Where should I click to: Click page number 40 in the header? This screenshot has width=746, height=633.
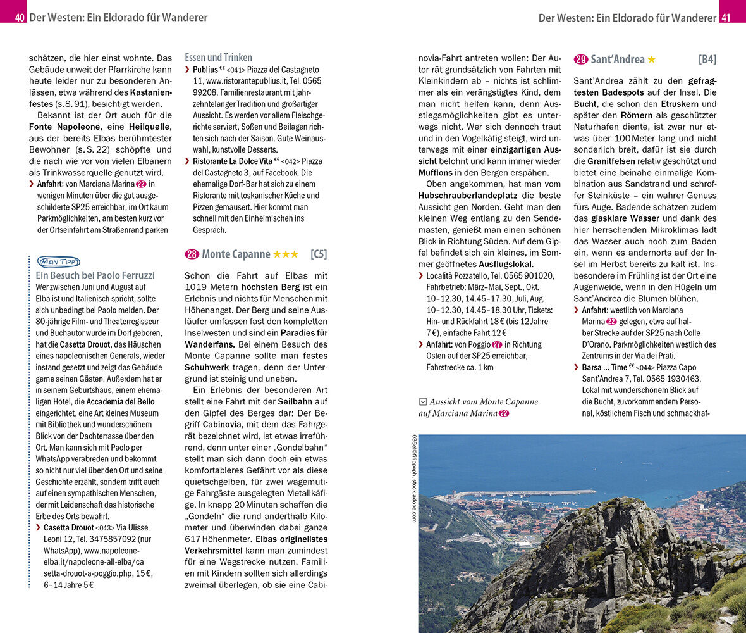click(x=20, y=18)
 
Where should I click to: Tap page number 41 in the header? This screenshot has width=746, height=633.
click(x=726, y=18)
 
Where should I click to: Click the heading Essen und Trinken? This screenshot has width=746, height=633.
click(x=218, y=57)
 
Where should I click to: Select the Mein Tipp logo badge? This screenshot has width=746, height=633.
click(x=58, y=261)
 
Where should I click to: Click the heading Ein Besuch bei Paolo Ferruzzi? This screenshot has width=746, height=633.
click(x=95, y=275)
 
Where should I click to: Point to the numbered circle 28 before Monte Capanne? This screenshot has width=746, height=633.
click(x=192, y=254)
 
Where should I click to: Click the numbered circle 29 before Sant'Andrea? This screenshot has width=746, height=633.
click(x=581, y=60)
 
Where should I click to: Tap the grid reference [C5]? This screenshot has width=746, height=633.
click(x=319, y=254)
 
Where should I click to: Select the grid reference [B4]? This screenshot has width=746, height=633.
click(x=707, y=60)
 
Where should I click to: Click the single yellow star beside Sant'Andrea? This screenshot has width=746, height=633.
click(x=651, y=60)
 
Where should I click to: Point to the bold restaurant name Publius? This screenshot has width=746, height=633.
click(x=205, y=70)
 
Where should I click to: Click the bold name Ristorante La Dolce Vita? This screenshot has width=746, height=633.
click(x=232, y=161)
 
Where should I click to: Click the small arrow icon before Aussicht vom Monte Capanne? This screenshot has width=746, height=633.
click(x=422, y=401)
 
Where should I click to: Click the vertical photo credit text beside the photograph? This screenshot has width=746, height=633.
click(x=414, y=478)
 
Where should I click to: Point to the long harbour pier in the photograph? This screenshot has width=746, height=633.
click(x=525, y=492)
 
